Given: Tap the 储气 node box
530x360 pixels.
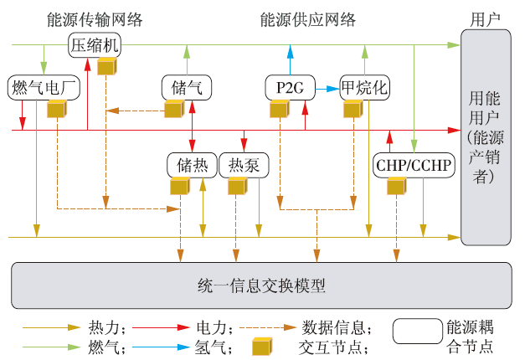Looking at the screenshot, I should click(x=186, y=86).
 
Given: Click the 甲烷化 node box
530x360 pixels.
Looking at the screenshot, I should click(x=363, y=86).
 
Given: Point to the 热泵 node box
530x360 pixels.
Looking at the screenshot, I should click(x=244, y=165).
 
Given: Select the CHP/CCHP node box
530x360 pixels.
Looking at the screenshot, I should click(x=414, y=165).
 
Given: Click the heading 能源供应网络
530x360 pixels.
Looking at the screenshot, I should click(x=307, y=19).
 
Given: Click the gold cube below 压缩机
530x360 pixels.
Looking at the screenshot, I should click(x=106, y=66).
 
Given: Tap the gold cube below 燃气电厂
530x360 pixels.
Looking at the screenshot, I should click(x=56, y=109).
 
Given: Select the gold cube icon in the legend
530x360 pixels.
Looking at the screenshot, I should click(x=262, y=345).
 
